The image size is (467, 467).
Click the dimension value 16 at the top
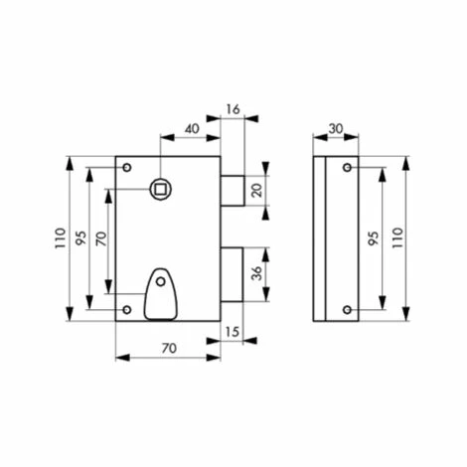pyautogui.click(x=233, y=109)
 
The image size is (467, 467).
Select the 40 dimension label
pyautogui.click(x=192, y=129)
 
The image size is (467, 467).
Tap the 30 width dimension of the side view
pyautogui.click(x=336, y=129)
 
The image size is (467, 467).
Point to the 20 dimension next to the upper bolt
pyautogui.click(x=257, y=190)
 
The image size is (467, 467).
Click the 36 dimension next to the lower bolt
pyautogui.click(x=257, y=273)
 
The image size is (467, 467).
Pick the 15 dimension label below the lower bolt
pyautogui.click(x=233, y=332)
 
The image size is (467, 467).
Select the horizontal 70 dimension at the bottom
pyautogui.click(x=169, y=348)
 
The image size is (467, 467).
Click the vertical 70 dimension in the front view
pyautogui.click(x=102, y=238)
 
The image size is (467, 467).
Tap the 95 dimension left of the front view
pyautogui.click(x=81, y=237)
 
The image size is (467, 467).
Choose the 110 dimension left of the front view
pyautogui.click(x=61, y=238)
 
